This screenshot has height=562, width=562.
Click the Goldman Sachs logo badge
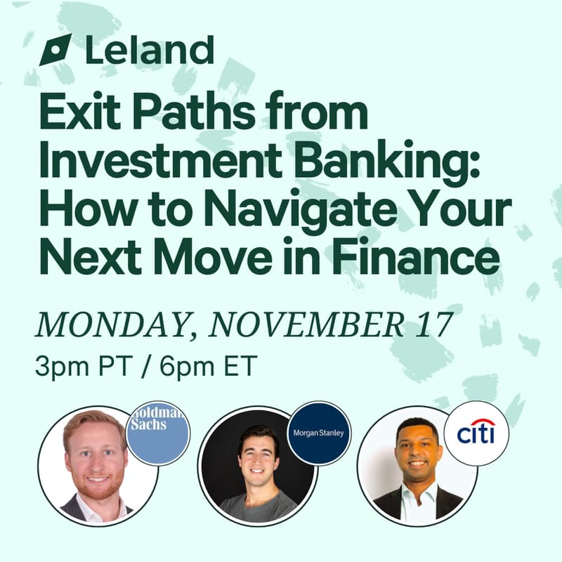tap(158, 431)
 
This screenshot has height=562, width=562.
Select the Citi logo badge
tap(476, 431)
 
